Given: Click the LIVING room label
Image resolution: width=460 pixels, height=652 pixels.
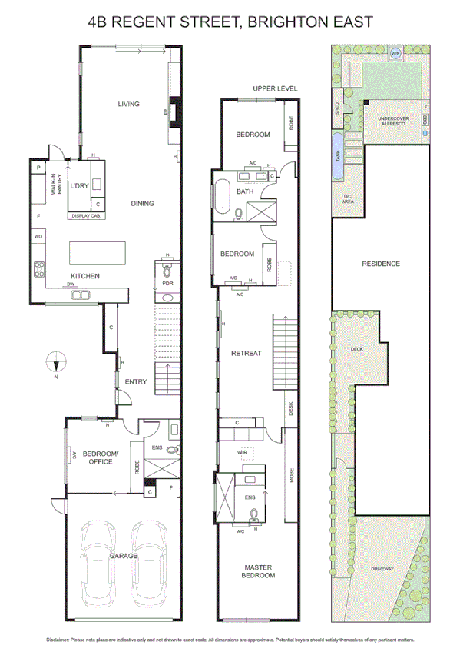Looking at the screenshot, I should pyautogui.click(x=128, y=104).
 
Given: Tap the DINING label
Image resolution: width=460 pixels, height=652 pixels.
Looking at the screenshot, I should pyautogui.click(x=142, y=204).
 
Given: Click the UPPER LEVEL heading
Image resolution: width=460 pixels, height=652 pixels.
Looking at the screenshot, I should pyautogui.click(x=275, y=89).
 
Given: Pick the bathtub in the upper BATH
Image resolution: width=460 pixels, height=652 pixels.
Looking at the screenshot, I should pyautogui.click(x=222, y=196).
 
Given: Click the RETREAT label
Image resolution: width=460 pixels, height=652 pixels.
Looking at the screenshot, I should pyautogui.click(x=247, y=354).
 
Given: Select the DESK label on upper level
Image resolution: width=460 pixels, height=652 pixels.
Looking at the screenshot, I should pyautogui.click(x=290, y=408).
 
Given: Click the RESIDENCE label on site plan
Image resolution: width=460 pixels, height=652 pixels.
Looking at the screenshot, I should pyautogui.click(x=381, y=264).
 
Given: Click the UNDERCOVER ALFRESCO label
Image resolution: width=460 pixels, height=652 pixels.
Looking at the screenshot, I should pyautogui.click(x=392, y=121).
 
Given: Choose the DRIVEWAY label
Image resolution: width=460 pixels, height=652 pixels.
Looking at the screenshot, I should pyautogui.click(x=382, y=569).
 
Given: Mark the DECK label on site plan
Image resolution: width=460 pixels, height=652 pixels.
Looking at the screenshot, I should pyautogui.click(x=356, y=349).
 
